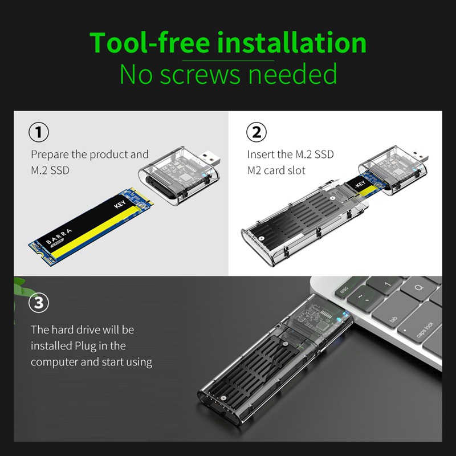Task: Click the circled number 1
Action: coord(39,133)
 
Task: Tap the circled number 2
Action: coord(256,133)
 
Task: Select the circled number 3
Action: coord(39,303)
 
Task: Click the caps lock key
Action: coord(423,331)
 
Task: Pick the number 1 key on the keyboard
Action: coord(388,283)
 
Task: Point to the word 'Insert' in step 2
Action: coord(261,154)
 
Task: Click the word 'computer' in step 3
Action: coord(55,362)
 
